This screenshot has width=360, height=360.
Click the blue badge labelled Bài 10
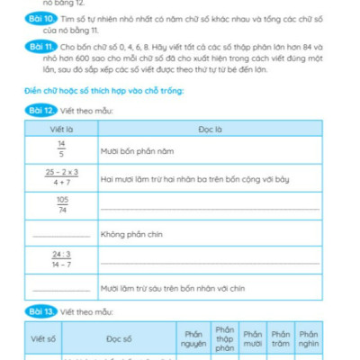point(40,18)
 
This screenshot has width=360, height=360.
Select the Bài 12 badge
point(40,110)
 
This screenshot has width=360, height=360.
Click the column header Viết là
point(60,130)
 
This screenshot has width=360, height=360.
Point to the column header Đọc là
point(210,130)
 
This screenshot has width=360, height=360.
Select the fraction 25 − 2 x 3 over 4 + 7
point(61,176)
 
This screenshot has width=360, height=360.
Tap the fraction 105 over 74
point(61,205)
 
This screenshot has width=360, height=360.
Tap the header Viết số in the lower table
point(44,338)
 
